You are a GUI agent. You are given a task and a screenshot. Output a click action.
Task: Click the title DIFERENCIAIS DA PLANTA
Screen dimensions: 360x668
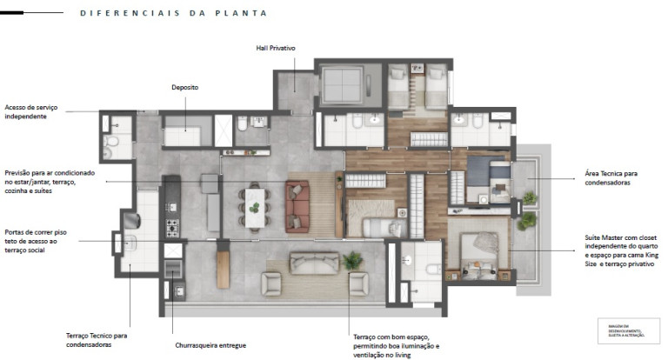173,14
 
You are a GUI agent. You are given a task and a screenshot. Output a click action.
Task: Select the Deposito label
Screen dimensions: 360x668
184,88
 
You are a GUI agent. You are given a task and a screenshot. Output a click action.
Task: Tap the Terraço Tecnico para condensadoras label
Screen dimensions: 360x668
97,339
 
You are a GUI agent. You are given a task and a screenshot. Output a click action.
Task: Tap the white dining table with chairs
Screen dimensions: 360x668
254,207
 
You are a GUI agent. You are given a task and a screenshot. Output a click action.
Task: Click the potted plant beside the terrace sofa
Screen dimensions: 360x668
353,260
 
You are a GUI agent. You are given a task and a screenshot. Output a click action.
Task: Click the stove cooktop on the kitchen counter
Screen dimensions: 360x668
172,228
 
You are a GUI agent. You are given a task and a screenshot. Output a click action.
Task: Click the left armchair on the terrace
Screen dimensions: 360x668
271,283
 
